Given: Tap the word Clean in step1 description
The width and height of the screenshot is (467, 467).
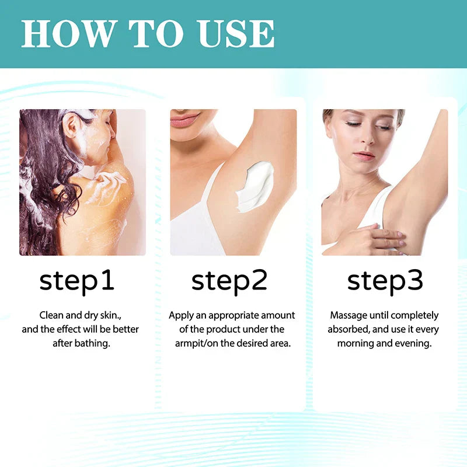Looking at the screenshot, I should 51,315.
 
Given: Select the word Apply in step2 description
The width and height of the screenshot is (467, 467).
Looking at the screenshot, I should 181,315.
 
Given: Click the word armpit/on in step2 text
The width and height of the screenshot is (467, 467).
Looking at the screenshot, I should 196,343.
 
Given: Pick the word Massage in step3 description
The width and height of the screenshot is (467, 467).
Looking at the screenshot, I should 347,315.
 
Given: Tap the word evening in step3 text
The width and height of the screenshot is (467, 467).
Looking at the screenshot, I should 413,343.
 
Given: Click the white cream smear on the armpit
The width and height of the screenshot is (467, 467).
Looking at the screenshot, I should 257,184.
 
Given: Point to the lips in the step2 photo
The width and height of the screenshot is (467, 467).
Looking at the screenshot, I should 186,120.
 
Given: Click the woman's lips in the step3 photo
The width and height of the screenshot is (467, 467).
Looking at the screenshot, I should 363,156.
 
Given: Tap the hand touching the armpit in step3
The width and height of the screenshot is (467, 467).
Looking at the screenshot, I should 374,238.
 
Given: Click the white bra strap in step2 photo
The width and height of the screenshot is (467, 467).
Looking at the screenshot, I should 211,181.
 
